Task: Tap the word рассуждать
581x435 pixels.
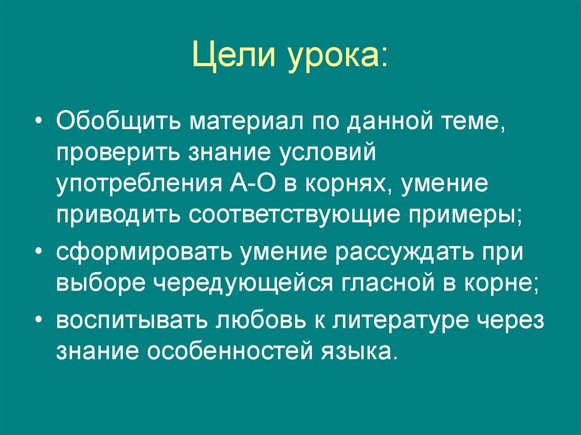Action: click(x=407, y=253)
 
